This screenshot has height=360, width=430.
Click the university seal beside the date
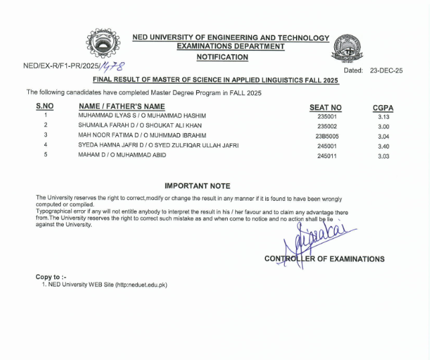click(350, 48)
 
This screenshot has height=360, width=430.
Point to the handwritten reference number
click(113, 66)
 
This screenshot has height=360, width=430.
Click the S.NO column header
click(45, 106)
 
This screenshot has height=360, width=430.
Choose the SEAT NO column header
click(326, 107)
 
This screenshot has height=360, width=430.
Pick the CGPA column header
click(383, 107)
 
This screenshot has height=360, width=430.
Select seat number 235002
click(326, 126)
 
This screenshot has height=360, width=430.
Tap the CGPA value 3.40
click(383, 145)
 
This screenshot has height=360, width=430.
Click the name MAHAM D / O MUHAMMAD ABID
click(122, 155)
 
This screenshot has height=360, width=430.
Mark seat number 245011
click(326, 155)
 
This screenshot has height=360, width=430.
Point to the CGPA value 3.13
click(383, 116)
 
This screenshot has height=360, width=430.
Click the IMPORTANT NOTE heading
click(197, 186)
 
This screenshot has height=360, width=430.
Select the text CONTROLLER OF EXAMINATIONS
click(324, 259)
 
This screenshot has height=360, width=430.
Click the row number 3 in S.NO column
click(45, 135)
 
